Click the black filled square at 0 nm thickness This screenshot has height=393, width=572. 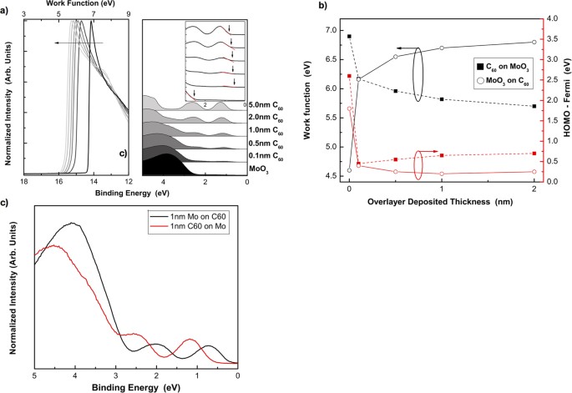(x=349, y=37)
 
